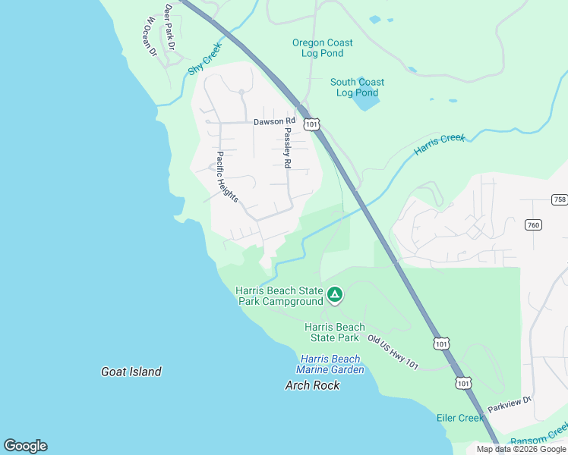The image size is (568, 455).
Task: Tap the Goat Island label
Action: [x=131, y=372]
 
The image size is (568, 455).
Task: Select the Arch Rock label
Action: [x=312, y=385]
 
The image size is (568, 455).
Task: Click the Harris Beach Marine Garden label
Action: [x=332, y=364]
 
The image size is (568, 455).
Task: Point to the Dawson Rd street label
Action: [x=274, y=121]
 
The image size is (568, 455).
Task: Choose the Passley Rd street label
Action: [x=287, y=147]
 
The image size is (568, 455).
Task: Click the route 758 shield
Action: [x=560, y=199]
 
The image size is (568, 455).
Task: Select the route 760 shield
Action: [x=533, y=224]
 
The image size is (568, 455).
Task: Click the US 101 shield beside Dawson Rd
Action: [x=311, y=123]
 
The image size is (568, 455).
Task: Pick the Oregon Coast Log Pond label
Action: [x=323, y=48]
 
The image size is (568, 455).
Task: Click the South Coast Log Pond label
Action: [x=357, y=87]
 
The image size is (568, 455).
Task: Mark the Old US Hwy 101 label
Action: [x=393, y=353]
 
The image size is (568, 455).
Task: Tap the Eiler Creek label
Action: [x=459, y=418]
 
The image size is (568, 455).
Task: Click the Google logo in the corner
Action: [x=25, y=446]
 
